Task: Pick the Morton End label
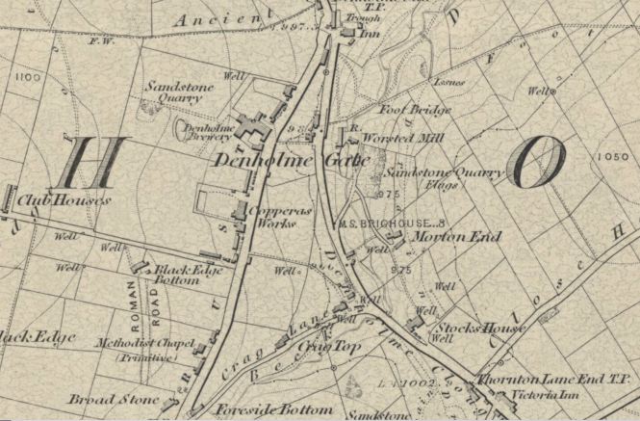(x=448, y=236)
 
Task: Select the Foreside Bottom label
(x=274, y=409)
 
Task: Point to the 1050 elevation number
(x=606, y=157)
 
